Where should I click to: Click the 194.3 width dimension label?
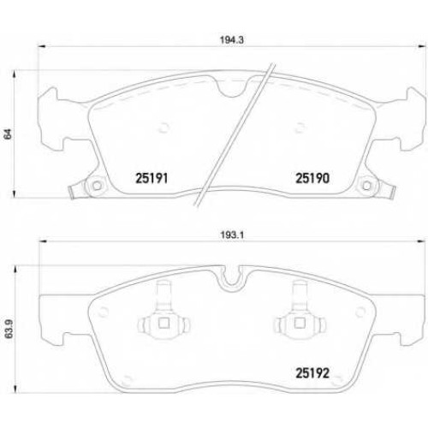pyautogui.click(x=231, y=40)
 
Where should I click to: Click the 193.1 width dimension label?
pyautogui.click(x=232, y=235)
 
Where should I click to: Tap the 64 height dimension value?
pyautogui.click(x=9, y=134)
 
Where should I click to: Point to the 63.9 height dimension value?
pyautogui.click(x=9, y=329)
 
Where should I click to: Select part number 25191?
pyautogui.click(x=152, y=178)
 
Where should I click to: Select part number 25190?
pyautogui.click(x=312, y=178)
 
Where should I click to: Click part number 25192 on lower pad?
pyautogui.click(x=312, y=372)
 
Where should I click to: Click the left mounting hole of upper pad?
pyautogui.click(x=97, y=186)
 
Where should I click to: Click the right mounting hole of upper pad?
pyautogui.click(x=366, y=186)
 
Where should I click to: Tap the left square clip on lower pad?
pyautogui.click(x=163, y=324)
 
